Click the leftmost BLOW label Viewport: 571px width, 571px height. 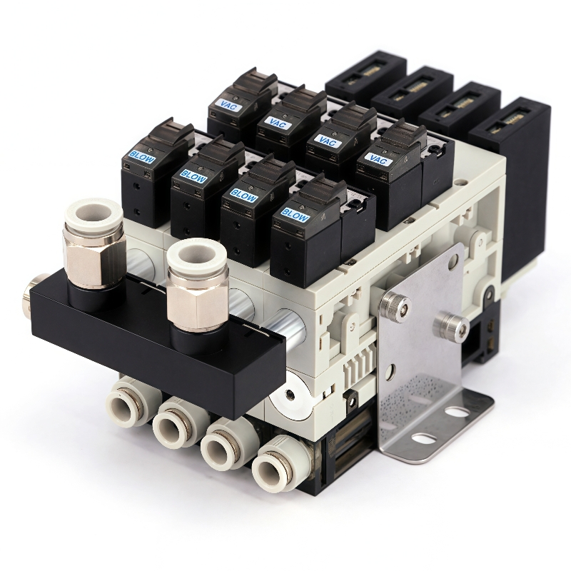click(141, 156)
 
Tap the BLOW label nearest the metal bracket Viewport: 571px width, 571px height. click(295, 215)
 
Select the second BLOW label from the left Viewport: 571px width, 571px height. click(193, 176)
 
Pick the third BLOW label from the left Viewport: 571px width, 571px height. click(243, 195)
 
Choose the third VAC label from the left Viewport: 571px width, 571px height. click(326, 141)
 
